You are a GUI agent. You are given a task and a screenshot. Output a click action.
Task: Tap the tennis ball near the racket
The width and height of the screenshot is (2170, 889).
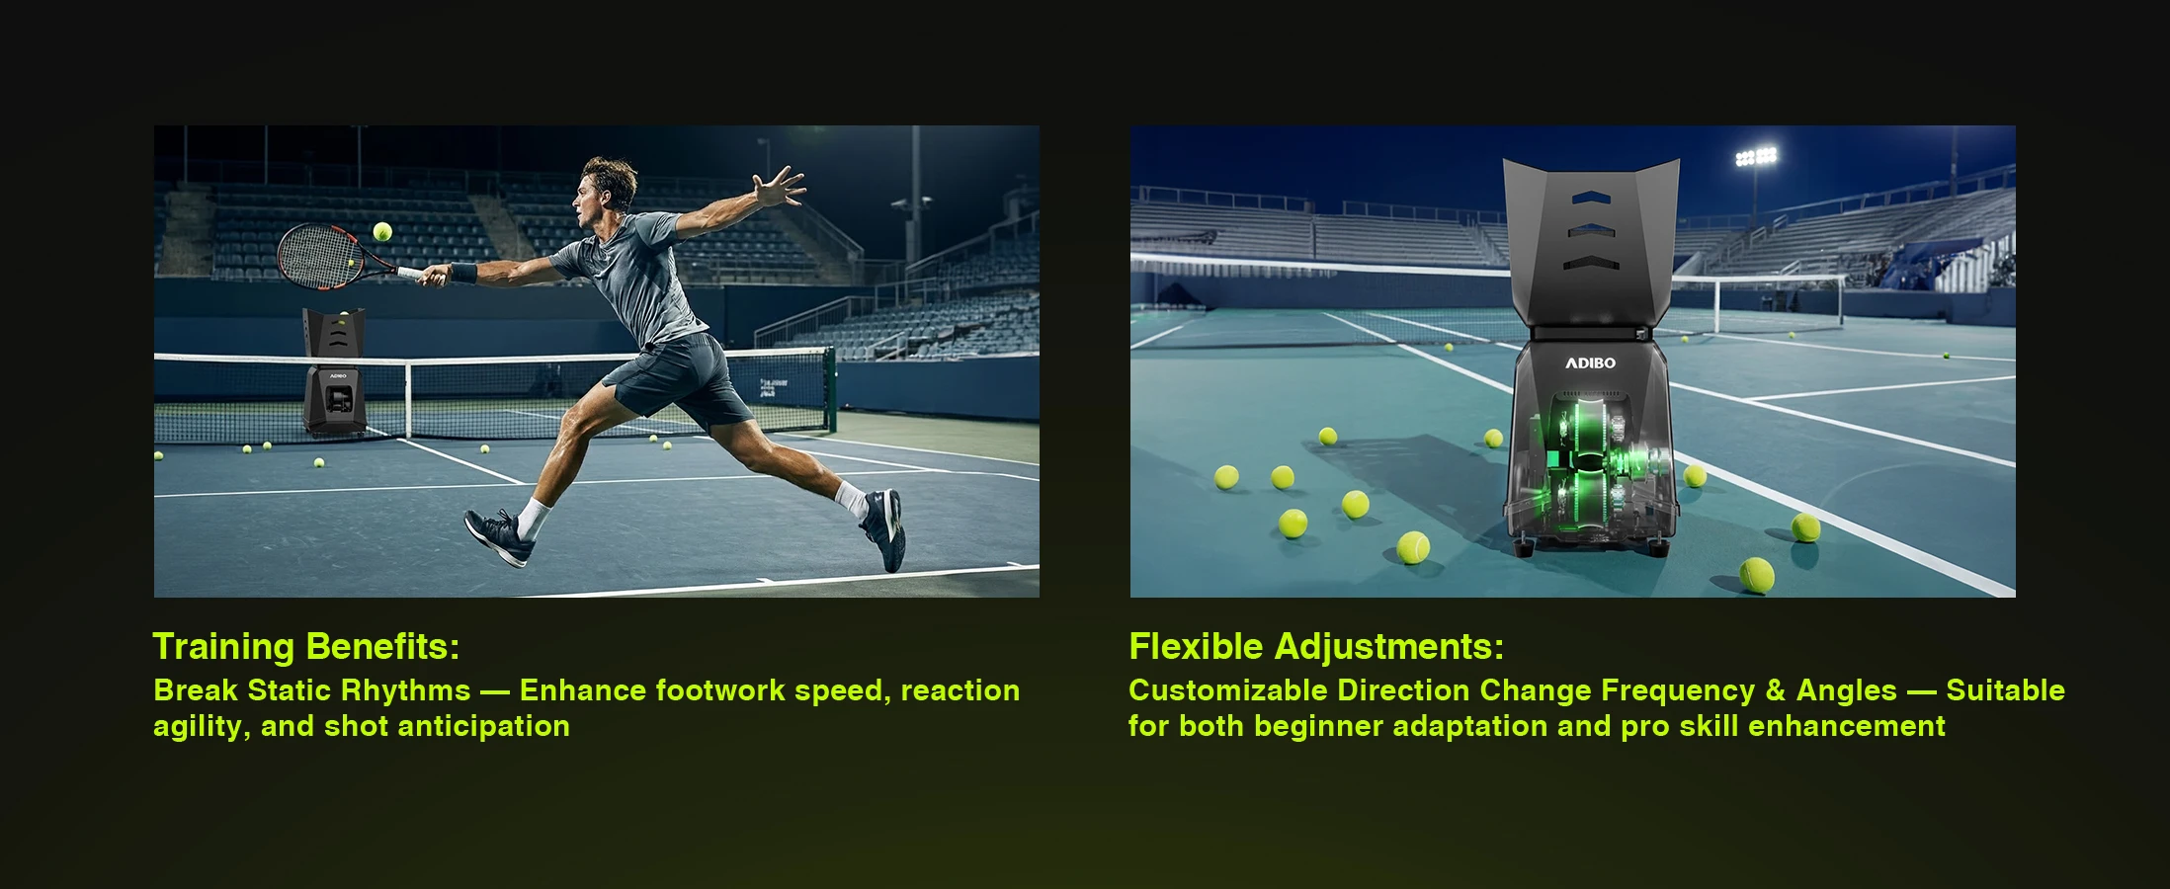(x=382, y=232)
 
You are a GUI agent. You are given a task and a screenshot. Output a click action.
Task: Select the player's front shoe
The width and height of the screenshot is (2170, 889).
(x=500, y=536)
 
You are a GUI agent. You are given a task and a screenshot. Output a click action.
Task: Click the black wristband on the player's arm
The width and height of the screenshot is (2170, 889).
(x=463, y=273)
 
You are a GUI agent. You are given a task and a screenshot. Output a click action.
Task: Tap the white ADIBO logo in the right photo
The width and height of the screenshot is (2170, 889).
(x=1590, y=364)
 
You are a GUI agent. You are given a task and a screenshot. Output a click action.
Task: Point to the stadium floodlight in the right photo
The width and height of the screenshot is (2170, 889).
(x=1756, y=156)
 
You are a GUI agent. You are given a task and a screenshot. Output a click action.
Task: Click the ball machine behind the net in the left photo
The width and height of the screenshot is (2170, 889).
(x=335, y=371)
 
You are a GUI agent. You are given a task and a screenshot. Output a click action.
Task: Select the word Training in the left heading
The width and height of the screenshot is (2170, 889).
(x=223, y=647)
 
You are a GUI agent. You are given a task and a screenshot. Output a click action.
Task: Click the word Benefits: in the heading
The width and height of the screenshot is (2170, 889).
(x=383, y=646)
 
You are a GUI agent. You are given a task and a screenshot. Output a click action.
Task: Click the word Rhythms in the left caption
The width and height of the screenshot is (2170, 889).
(x=405, y=690)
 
